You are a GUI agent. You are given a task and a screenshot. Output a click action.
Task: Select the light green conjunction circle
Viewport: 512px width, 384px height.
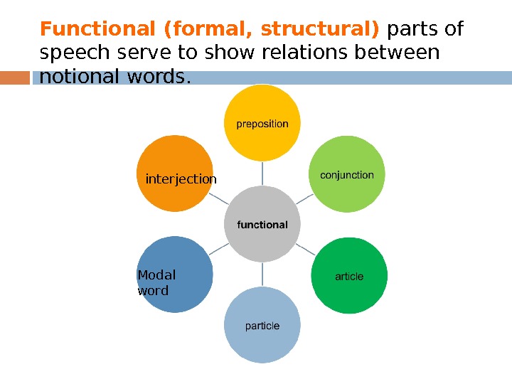pos(347,174)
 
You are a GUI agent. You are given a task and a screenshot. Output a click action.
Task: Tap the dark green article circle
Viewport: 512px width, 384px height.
pos(349,276)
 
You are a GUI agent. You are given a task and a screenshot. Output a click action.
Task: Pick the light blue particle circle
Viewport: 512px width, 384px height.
pos(262,326)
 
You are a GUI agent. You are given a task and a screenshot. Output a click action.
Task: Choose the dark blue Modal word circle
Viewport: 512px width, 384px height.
pos(175,276)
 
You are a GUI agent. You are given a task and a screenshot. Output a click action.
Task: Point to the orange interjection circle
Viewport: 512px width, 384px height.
pos(175,175)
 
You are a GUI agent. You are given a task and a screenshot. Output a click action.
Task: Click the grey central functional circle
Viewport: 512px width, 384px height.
pos(262,224)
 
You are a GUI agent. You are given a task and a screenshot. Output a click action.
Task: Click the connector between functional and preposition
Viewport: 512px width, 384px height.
pos(262,173)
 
